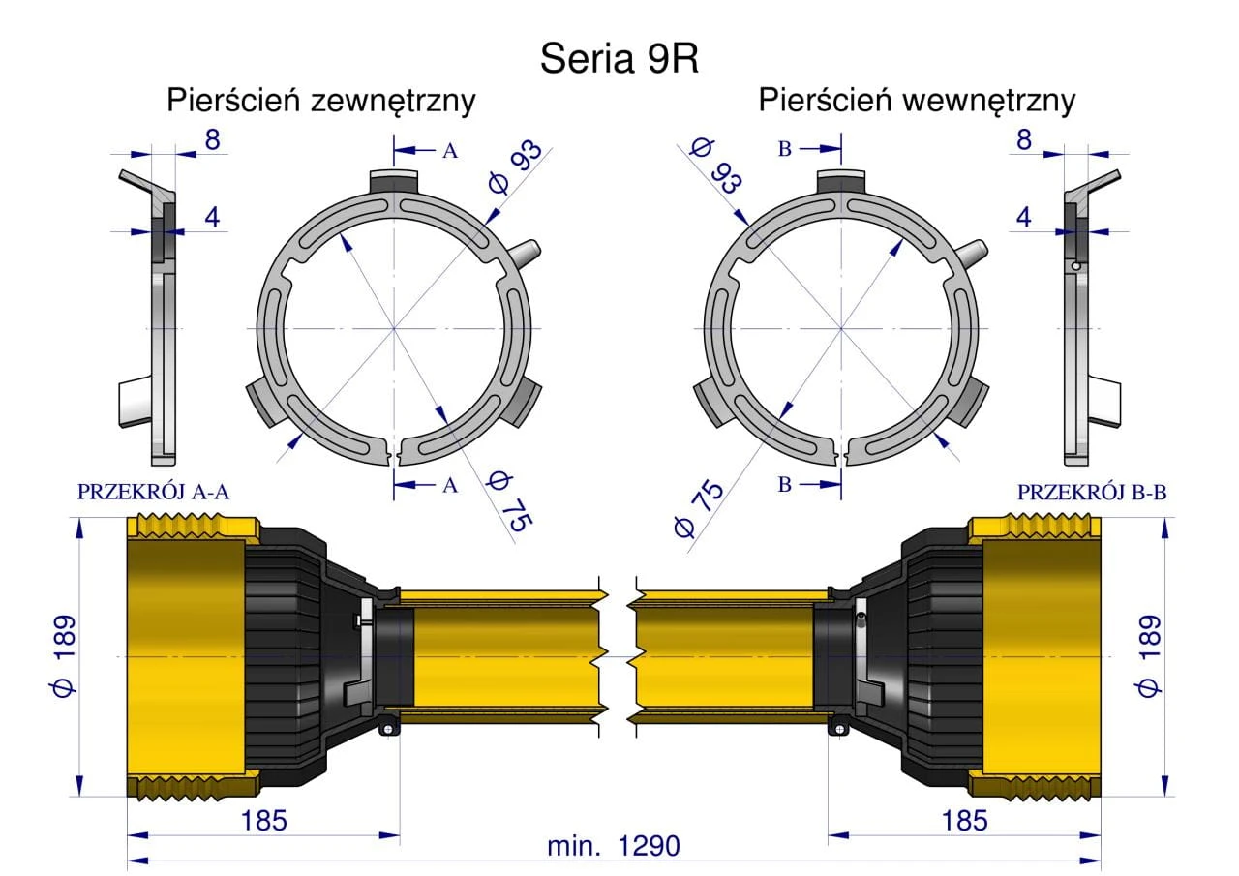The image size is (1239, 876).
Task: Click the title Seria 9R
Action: [x=619, y=58]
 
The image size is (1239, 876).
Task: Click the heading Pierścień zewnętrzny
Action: [x=320, y=102]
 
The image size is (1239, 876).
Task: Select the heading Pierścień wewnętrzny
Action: [x=917, y=102]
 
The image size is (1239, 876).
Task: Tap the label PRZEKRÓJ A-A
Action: [x=153, y=492]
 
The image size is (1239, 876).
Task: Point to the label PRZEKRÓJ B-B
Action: [x=1092, y=492]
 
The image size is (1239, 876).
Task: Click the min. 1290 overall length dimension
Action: [x=614, y=846]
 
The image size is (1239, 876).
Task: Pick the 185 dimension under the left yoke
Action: [x=264, y=821]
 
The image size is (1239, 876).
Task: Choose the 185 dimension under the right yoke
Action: [x=965, y=821]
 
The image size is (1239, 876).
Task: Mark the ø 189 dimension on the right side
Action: [x=1148, y=656]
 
